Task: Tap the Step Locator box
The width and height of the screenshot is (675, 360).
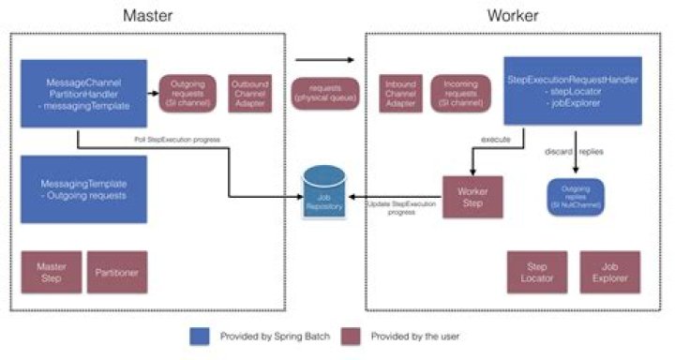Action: pyautogui.click(x=537, y=272)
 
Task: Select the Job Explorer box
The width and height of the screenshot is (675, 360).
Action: pyautogui.click(x=610, y=272)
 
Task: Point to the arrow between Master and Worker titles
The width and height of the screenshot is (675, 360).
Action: pyautogui.click(x=324, y=59)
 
